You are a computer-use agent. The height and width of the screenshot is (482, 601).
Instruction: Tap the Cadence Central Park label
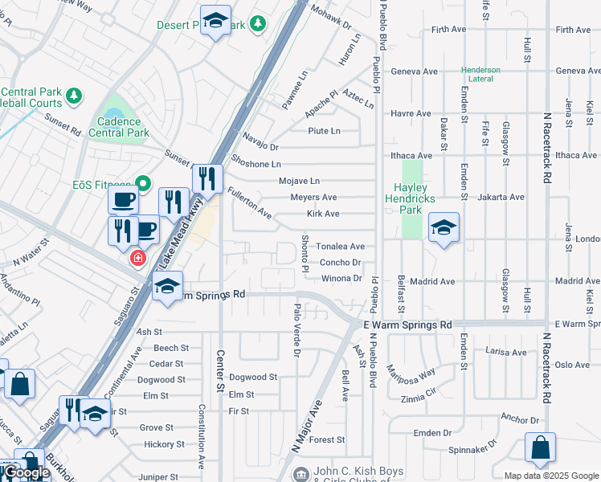(x=123, y=127)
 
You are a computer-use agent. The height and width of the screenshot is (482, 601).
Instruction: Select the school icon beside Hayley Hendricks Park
(x=444, y=229)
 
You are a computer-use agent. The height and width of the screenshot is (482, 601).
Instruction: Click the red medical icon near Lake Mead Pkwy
(x=138, y=258)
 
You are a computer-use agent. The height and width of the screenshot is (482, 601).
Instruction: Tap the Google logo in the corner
(x=26, y=473)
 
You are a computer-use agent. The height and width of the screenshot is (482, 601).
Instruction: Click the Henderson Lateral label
(x=480, y=75)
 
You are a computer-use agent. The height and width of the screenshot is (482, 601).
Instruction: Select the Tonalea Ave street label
(x=340, y=247)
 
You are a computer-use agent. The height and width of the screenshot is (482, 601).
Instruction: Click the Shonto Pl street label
(x=305, y=253)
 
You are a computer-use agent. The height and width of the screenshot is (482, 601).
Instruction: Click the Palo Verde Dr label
(x=296, y=330)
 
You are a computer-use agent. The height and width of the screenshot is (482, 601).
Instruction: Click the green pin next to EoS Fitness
(x=143, y=184)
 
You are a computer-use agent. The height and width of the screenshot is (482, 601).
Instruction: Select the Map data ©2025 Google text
(x=551, y=476)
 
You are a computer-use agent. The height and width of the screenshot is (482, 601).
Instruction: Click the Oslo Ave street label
(x=571, y=365)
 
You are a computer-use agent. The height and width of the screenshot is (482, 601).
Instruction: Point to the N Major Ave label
(x=305, y=427)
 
